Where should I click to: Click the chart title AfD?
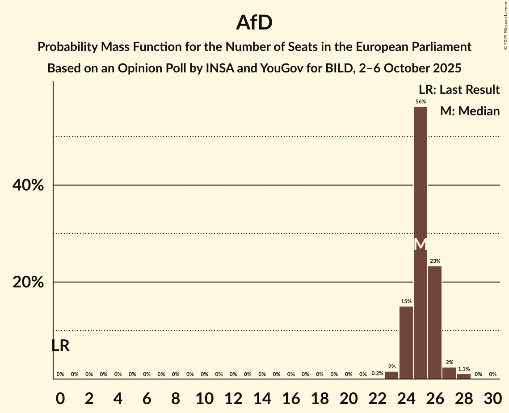(254, 22)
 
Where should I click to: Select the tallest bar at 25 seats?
(421, 179)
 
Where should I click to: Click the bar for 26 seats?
(435, 322)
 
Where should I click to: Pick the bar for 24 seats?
(406, 342)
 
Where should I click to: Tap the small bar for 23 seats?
(391, 375)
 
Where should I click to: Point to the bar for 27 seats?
(449, 374)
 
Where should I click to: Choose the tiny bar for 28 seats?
(464, 376)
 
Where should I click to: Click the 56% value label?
(421, 101)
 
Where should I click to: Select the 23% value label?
(435, 261)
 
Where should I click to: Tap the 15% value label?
(406, 301)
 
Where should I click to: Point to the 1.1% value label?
(464, 369)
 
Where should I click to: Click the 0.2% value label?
(378, 373)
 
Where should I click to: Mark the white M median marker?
(421, 244)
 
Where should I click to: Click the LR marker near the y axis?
(60, 346)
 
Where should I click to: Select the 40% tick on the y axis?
(28, 185)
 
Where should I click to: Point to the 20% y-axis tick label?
(28, 282)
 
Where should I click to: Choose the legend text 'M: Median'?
(470, 111)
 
